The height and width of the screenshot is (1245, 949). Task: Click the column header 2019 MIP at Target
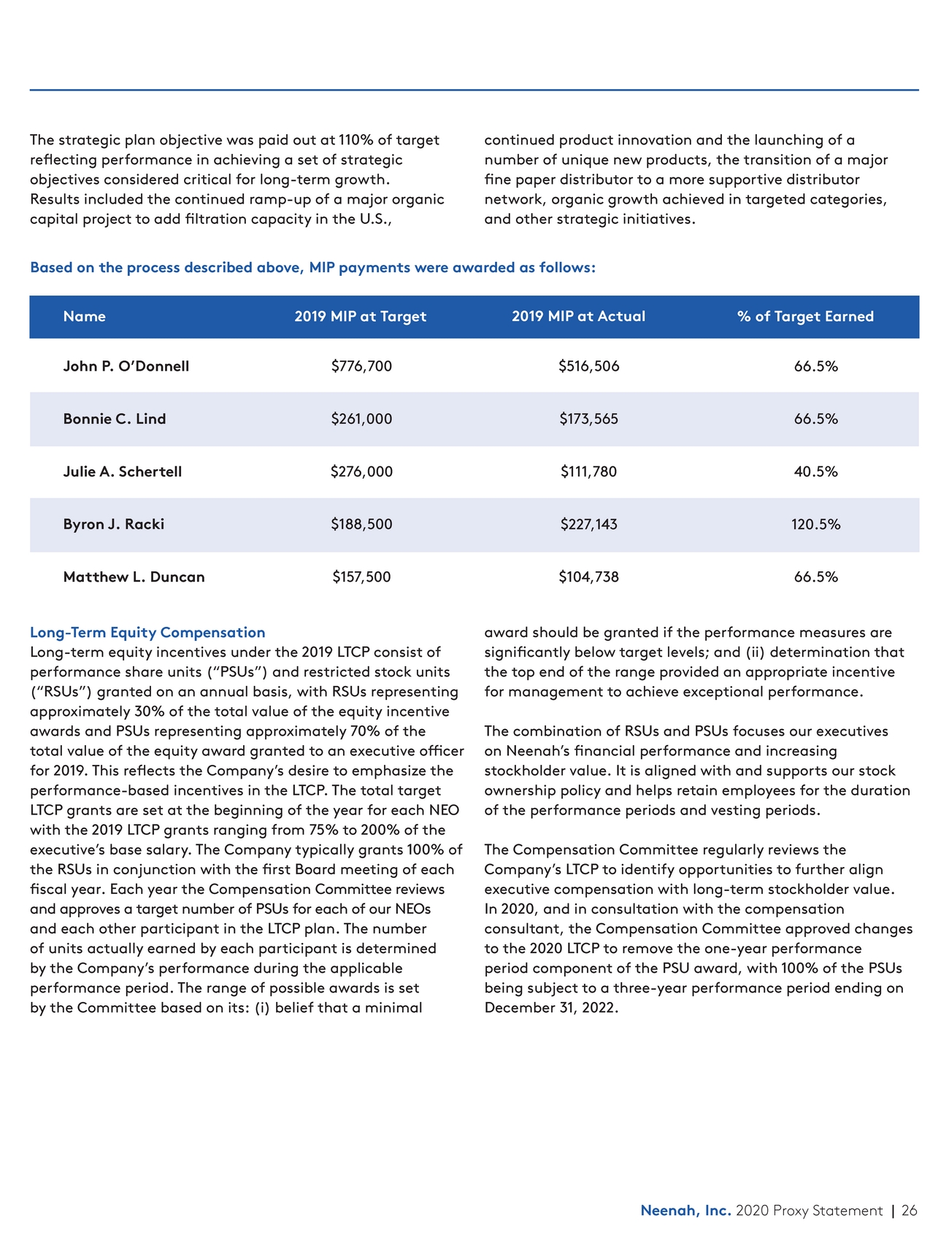360,316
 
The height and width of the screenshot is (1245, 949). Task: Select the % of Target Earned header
805,316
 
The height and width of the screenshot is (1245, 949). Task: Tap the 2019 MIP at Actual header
578,316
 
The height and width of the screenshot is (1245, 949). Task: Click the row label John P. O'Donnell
126,366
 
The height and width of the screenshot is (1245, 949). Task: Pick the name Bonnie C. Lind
115,419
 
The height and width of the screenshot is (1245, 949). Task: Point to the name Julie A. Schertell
123,471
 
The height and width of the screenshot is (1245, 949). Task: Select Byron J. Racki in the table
114,524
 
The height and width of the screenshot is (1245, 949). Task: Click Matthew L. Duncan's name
134,577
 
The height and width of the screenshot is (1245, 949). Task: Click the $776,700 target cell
361,366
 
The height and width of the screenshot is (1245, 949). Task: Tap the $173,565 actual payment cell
588,419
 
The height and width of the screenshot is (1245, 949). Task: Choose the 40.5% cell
815,471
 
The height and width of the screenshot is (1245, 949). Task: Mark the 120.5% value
815,524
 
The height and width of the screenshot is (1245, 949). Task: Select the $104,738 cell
588,577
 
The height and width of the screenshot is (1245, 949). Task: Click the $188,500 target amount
361,524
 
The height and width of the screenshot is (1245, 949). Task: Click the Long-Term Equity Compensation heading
147,632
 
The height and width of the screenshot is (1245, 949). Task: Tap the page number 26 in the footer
909,1210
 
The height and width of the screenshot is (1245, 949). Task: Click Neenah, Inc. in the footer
685,1210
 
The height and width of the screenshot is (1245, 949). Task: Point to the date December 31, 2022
551,1008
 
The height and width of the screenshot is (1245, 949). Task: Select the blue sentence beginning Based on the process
312,267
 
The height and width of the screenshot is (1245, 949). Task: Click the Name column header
84,316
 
